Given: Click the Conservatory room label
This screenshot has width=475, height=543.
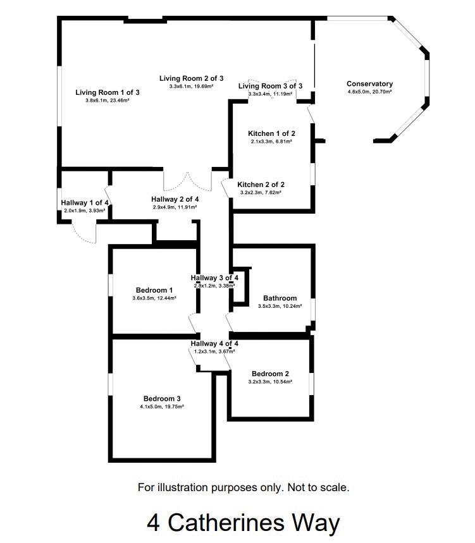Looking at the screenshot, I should [369, 84].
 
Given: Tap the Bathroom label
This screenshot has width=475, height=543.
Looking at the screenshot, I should [280, 298].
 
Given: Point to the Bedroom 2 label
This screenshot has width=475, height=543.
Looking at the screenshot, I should [270, 374].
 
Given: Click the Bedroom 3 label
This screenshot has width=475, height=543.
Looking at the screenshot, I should [162, 399].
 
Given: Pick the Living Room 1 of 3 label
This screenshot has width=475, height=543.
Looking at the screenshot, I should [107, 92].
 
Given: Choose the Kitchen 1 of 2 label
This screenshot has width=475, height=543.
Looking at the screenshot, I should [271, 133].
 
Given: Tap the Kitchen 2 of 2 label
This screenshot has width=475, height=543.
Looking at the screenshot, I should [261, 185].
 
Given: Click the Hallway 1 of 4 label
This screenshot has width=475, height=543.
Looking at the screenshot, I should [85, 203].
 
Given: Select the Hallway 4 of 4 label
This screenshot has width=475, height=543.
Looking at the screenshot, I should [214, 344].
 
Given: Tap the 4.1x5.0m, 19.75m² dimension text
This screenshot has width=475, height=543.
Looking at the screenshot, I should [162, 407].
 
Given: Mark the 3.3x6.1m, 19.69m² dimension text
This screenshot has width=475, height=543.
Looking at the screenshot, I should [192, 87].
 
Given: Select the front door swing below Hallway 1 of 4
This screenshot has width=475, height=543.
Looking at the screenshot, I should [83, 233].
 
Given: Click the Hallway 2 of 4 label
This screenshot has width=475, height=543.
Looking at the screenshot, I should [175, 198].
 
